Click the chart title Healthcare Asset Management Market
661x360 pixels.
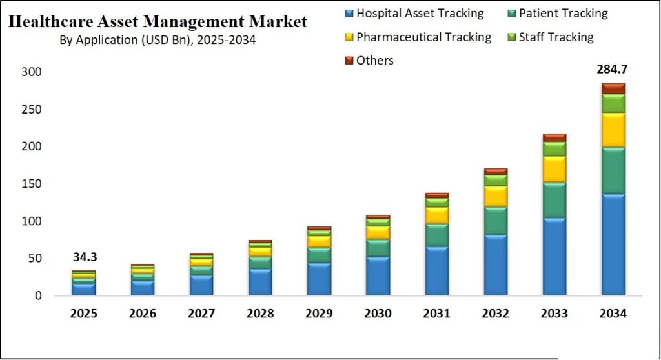click(158, 22)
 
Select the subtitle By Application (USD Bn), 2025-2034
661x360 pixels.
click(158, 40)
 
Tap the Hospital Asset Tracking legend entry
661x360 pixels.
click(420, 13)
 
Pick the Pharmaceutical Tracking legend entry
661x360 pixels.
click(423, 37)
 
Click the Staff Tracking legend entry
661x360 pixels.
click(556, 37)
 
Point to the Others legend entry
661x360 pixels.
click(374, 60)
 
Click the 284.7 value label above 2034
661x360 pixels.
click(613, 69)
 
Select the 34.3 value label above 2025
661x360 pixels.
click(85, 257)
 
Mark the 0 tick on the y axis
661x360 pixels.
click(38, 295)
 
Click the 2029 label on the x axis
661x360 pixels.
click(319, 314)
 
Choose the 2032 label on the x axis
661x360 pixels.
click(495, 314)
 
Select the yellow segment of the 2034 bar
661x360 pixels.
click(613, 130)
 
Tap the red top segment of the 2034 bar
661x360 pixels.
click(613, 88)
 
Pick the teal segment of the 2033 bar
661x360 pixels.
click(554, 200)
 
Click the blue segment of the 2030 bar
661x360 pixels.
click(378, 276)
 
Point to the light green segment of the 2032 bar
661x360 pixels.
click(495, 180)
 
